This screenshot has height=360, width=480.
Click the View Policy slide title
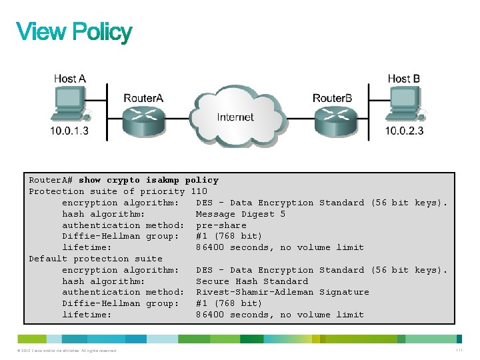tap(74, 32)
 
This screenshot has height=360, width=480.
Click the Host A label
tap(70, 79)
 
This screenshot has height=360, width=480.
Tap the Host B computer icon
tap(403, 106)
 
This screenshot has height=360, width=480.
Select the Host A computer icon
tap(69, 106)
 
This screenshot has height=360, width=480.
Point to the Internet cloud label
tap(235, 117)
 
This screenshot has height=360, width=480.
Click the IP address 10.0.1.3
tap(69, 131)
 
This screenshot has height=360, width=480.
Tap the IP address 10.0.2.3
tap(404, 131)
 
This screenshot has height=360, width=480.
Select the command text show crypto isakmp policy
tap(148, 180)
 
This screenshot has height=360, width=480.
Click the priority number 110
tap(199, 191)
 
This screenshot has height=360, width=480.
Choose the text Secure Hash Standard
tap(252, 281)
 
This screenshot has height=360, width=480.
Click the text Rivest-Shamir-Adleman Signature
tap(282, 292)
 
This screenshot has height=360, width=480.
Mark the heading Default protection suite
tap(95, 259)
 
